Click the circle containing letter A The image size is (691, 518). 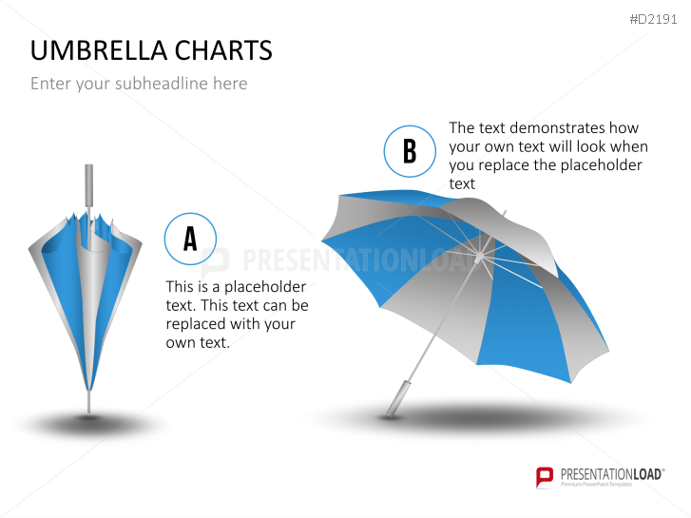190,239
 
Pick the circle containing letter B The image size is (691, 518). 410,151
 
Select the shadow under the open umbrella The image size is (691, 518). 475,416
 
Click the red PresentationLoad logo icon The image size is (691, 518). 545,476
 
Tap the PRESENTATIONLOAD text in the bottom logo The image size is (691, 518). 608,472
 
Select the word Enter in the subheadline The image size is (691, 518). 50,84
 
